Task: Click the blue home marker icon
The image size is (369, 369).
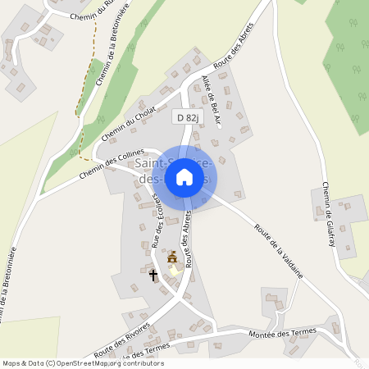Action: click(x=184, y=177)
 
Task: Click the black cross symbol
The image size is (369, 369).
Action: click(x=153, y=275)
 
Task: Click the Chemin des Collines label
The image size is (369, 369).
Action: click(x=112, y=163)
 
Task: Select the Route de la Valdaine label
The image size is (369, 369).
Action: click(x=279, y=251)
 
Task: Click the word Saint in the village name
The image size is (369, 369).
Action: click(x=139, y=164)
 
